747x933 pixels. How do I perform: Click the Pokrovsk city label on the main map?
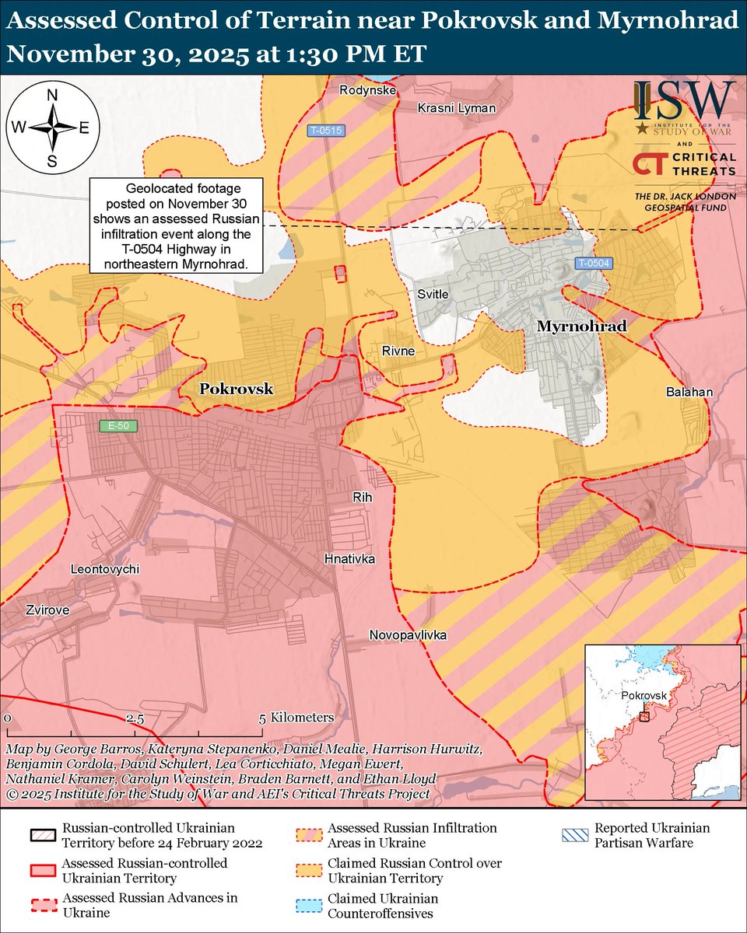click(x=237, y=389)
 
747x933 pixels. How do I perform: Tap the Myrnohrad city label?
click(x=581, y=327)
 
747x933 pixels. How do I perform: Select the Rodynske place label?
click(x=368, y=91)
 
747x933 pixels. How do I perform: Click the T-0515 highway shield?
click(x=325, y=131)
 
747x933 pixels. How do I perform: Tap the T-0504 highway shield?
click(x=593, y=264)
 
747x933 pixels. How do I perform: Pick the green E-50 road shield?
click(x=113, y=426)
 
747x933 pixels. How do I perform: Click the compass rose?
click(x=52, y=128)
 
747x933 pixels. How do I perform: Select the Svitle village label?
click(x=433, y=294)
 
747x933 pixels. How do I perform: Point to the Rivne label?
click(x=398, y=351)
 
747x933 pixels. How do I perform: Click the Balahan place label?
click(x=689, y=393)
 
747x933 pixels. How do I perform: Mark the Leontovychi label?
click(x=105, y=569)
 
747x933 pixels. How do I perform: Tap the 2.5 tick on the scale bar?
click(x=134, y=718)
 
